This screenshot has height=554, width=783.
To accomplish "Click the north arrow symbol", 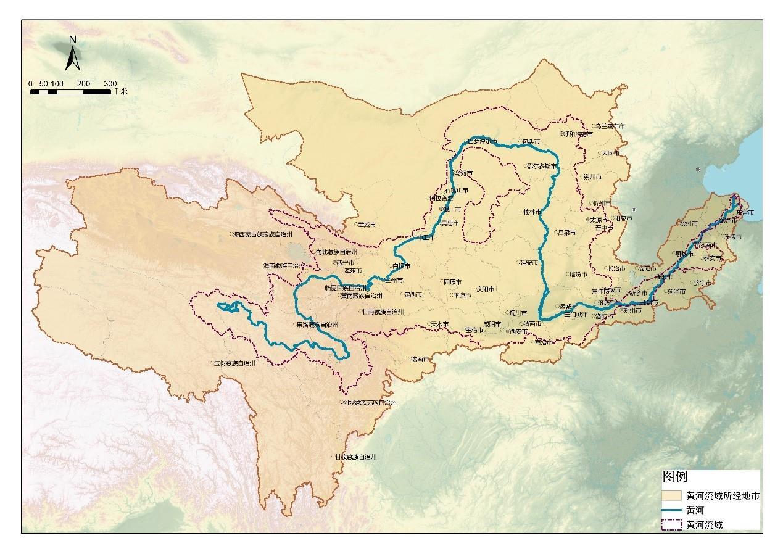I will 72,55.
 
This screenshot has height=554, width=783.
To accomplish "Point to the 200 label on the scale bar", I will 84,83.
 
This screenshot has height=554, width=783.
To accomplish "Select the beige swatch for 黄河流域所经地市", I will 673,496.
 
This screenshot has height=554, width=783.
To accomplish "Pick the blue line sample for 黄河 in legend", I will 673,510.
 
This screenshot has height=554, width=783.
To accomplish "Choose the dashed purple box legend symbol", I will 673,524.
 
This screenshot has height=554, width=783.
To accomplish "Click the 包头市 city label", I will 531,142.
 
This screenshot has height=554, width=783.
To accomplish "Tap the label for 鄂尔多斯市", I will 542,166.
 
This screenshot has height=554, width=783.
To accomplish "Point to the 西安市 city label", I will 519,331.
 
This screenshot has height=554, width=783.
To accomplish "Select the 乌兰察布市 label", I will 610,126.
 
